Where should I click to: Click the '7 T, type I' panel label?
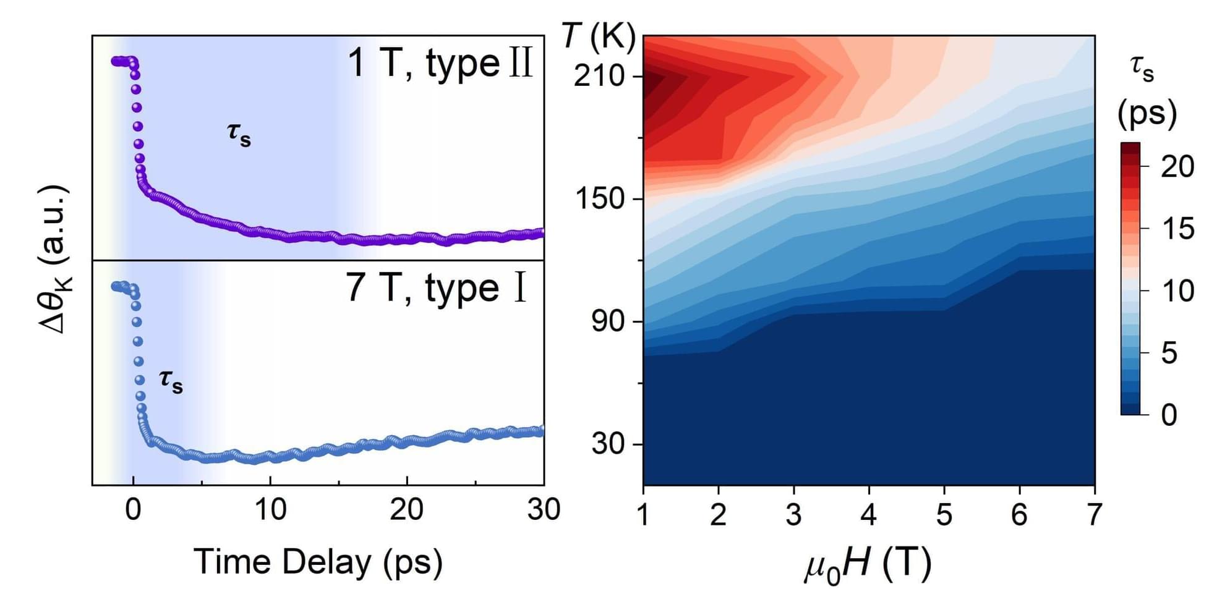(x=437, y=288)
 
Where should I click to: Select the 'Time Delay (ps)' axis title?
(x=318, y=562)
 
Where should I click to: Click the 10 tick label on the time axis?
(x=270, y=510)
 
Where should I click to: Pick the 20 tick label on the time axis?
(x=407, y=510)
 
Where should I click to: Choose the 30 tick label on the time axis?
(x=544, y=510)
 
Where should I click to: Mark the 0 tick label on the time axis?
(x=133, y=510)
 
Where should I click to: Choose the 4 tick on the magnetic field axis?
(x=869, y=514)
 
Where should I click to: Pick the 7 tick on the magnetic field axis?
(x=1094, y=514)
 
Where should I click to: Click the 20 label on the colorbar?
(x=1177, y=167)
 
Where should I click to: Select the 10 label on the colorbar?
(x=1177, y=291)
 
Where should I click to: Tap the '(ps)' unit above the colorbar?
(x=1147, y=114)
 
